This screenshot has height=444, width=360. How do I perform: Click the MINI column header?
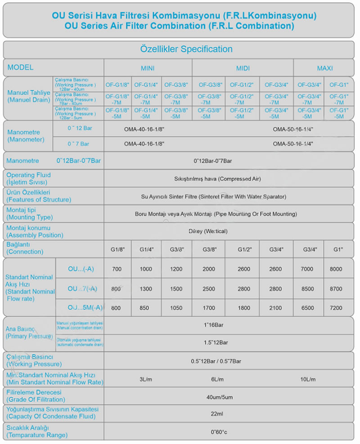click(148, 68)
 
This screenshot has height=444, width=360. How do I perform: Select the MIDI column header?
click(243, 68)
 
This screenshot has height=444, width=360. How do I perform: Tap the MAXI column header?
click(324, 68)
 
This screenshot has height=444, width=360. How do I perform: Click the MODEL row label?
click(21, 68)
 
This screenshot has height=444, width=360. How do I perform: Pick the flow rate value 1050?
click(176, 308)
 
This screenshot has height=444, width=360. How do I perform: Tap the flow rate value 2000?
click(208, 269)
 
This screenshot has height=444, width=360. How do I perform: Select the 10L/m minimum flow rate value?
click(308, 380)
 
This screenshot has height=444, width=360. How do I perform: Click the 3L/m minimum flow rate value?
click(146, 380)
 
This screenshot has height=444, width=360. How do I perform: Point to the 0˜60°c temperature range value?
click(219, 432)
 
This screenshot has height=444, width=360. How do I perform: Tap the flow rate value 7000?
click(307, 269)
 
